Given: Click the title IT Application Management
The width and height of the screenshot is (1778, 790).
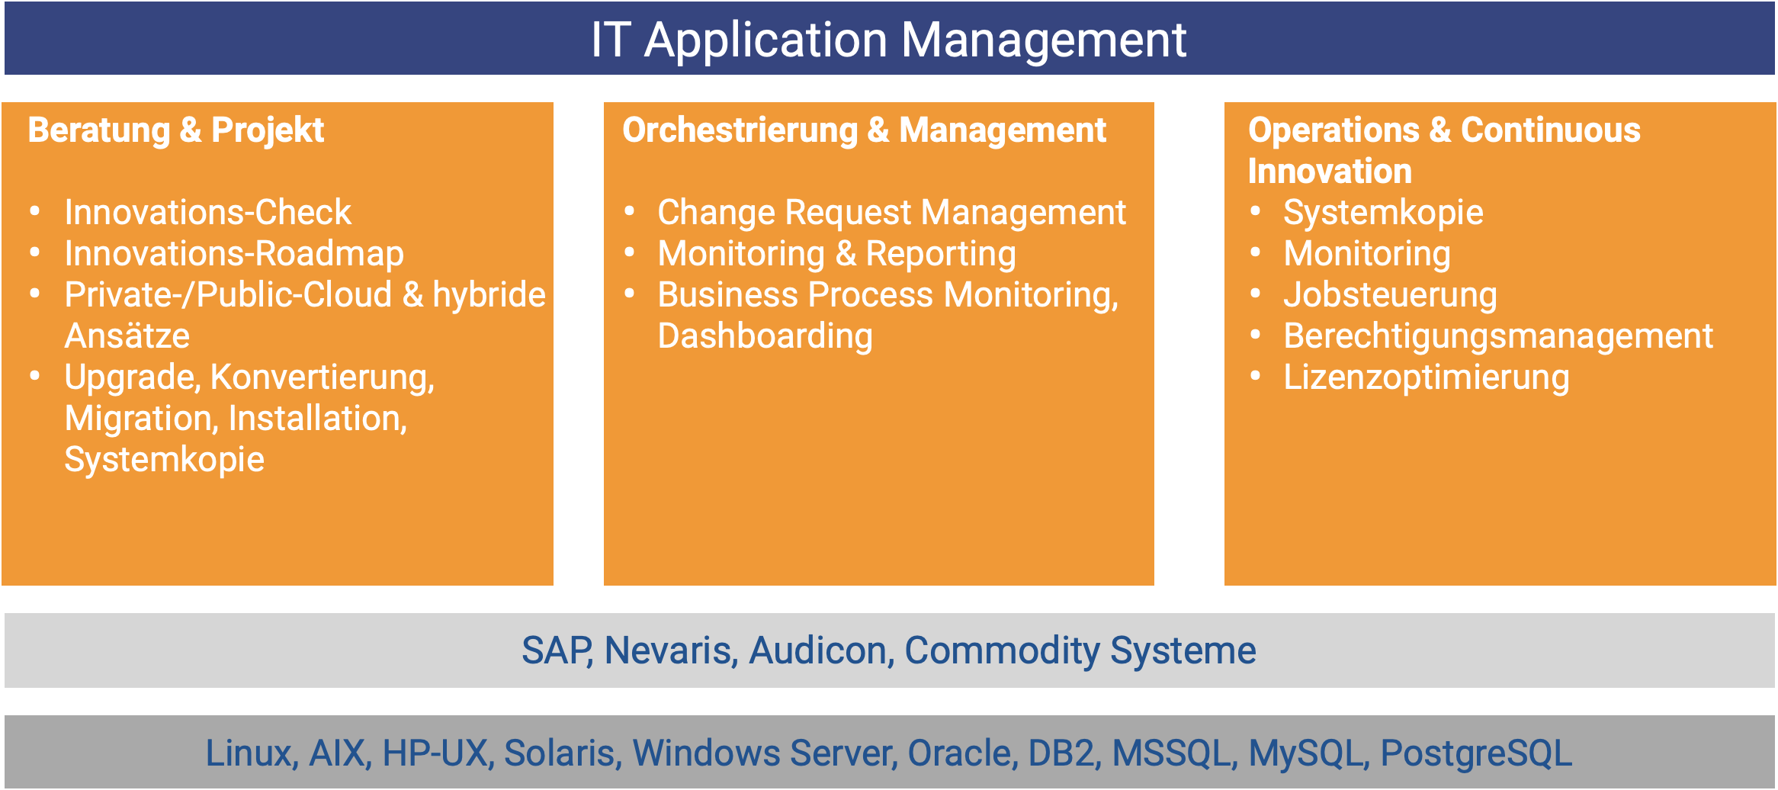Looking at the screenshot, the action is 888,40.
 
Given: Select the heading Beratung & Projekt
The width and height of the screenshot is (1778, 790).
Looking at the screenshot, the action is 176,130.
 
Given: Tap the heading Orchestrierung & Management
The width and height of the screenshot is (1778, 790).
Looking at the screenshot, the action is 864,130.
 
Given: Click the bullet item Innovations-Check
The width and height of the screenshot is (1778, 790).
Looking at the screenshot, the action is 208,212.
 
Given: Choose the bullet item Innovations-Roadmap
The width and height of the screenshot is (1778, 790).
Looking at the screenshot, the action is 234,254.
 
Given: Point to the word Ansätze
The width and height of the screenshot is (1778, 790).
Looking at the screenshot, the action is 127,335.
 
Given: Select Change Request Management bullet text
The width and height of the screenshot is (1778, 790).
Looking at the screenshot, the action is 892,213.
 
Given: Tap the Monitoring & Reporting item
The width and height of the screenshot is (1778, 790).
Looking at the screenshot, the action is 837,254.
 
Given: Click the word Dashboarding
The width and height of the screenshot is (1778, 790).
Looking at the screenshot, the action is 765,336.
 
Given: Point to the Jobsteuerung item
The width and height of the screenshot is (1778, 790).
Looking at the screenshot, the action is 1390,295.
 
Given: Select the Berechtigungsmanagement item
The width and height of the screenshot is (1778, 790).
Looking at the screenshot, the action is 1498,336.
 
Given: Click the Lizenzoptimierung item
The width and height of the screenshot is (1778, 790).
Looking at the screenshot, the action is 1427,377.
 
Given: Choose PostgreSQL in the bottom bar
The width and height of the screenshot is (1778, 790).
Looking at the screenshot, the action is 1476,753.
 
